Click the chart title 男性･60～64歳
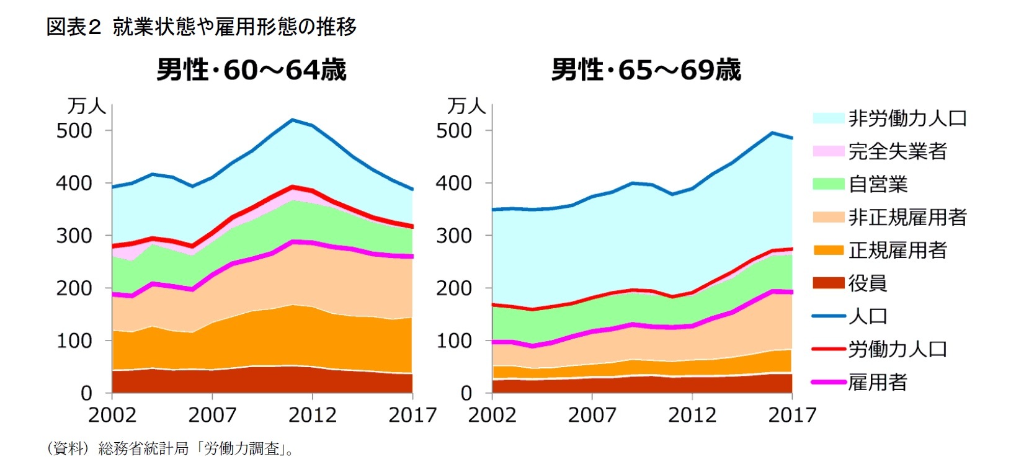click(251, 69)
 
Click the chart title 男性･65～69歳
click(646, 69)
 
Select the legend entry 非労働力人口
click(907, 118)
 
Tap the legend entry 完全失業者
click(897, 151)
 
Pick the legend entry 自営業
click(877, 184)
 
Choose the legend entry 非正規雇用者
click(907, 217)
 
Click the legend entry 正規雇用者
click(897, 250)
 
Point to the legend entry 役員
click(867, 283)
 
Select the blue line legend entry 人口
click(867, 316)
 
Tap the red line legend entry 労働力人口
click(897, 349)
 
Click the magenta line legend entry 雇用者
click(877, 382)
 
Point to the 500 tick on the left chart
click(74, 131)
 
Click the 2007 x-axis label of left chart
click(212, 414)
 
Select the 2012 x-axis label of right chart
click(692, 414)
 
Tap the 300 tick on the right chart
click(454, 236)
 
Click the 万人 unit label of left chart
click(86, 106)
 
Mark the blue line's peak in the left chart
click(292, 120)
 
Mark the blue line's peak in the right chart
click(772, 133)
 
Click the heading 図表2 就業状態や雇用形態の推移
click(202, 27)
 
